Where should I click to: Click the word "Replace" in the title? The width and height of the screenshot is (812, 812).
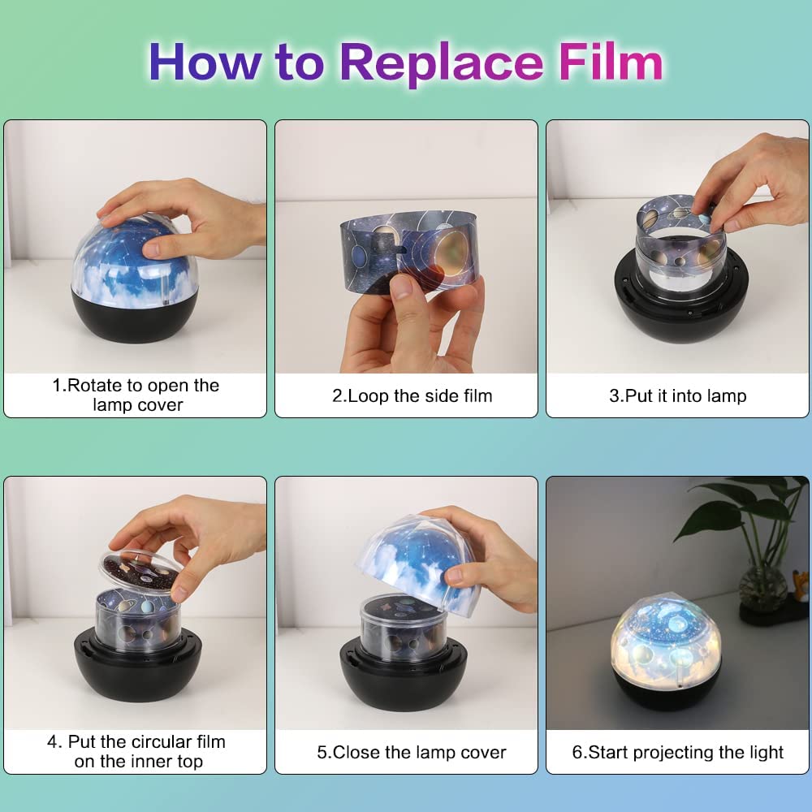point(442,63)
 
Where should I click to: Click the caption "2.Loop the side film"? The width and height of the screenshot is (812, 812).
point(412,395)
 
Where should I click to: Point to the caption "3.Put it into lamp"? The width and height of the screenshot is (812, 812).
point(678,395)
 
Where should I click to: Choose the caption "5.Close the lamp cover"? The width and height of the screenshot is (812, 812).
point(412,752)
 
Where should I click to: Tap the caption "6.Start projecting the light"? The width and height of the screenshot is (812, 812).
point(678,752)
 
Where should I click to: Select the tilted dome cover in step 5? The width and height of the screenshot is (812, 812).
point(418,564)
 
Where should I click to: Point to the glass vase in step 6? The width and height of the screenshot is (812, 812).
point(760,588)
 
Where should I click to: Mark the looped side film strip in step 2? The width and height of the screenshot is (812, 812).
point(409,248)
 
